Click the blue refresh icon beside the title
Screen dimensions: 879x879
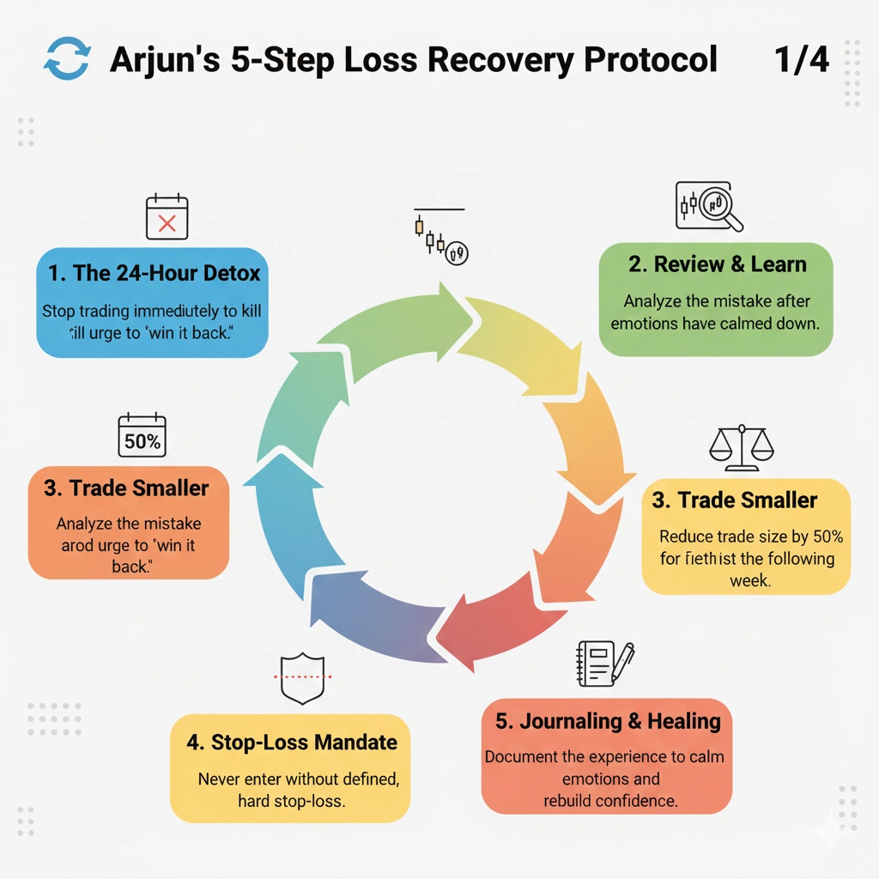(x=65, y=60)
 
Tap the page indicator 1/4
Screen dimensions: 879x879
(x=801, y=60)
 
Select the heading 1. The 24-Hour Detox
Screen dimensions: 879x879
(x=155, y=274)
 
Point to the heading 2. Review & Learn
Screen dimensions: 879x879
(x=717, y=264)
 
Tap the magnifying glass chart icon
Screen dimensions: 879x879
(x=708, y=207)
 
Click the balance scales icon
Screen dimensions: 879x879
(x=741, y=447)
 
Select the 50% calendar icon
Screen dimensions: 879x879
(x=142, y=436)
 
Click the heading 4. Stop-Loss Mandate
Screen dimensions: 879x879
(x=292, y=742)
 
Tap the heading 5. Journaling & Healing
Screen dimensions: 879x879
(x=608, y=720)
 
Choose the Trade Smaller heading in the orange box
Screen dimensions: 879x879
(x=126, y=488)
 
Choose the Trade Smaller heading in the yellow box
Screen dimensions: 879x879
(x=735, y=500)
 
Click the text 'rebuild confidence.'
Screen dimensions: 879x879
(x=610, y=801)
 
